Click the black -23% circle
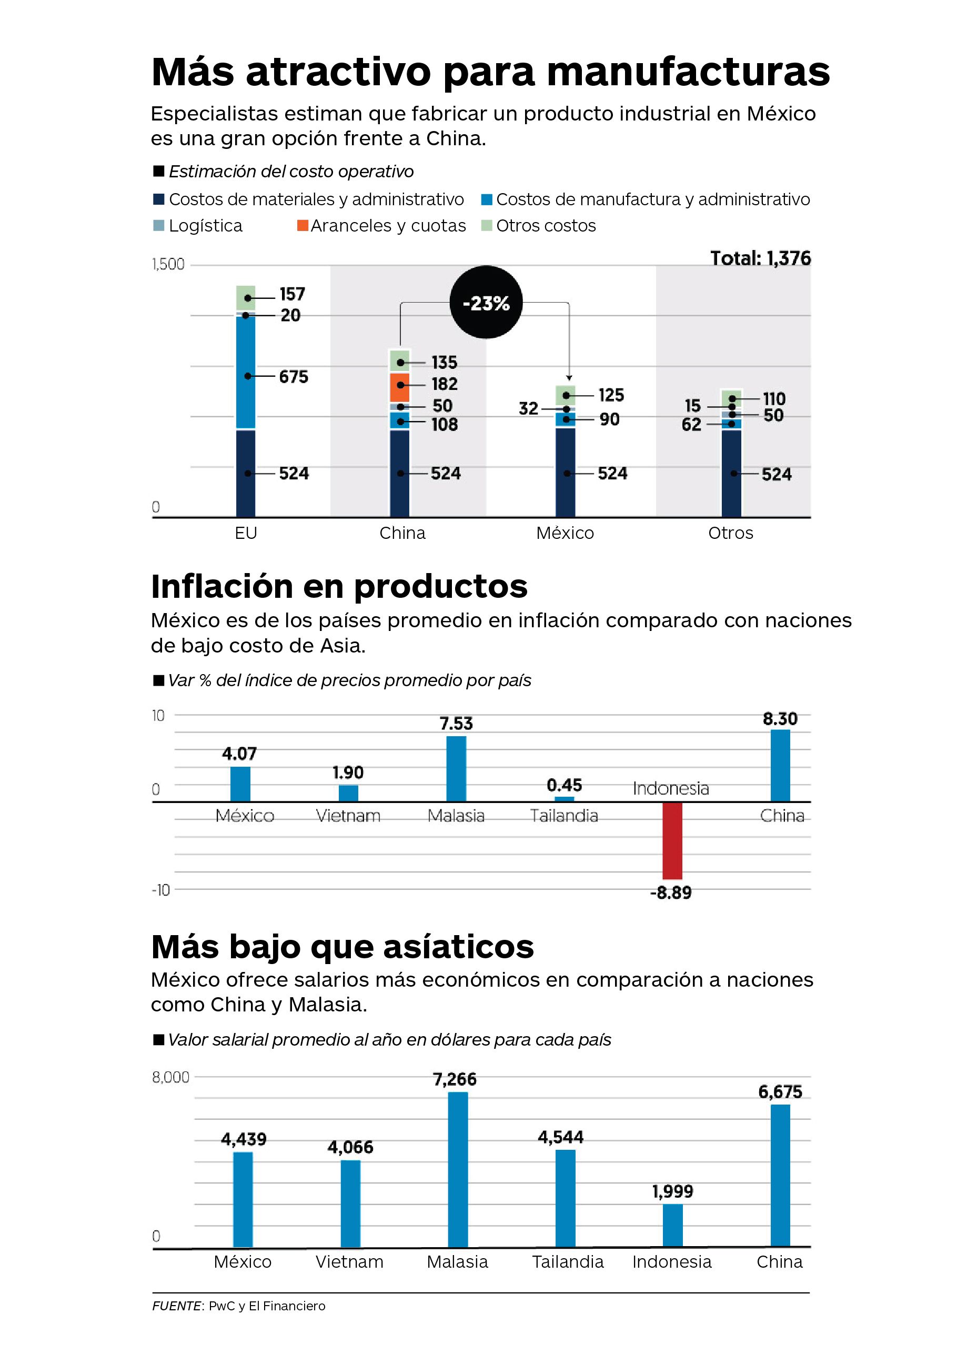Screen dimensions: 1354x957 pos(486,303)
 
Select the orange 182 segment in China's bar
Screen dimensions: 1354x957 pos(399,387)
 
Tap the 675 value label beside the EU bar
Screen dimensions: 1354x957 pos(294,376)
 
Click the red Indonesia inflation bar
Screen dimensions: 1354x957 pos(672,840)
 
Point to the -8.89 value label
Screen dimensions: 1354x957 pos(670,892)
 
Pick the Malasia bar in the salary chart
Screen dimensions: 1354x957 pos(458,1169)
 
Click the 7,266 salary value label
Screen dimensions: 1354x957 pos(455,1079)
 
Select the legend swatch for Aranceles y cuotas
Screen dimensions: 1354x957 pos(303,225)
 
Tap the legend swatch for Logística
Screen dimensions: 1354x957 pos(158,225)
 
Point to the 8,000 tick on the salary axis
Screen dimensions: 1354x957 pos(171,1077)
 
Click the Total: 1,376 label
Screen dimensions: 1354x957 pos(760,258)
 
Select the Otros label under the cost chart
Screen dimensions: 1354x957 pos(731,533)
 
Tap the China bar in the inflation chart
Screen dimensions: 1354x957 pos(780,766)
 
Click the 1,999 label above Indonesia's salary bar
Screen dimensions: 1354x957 pos(672,1191)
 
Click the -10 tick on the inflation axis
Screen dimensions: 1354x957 pos(161,889)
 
